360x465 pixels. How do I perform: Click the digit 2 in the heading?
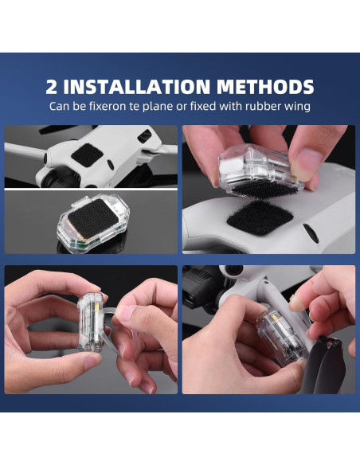51,87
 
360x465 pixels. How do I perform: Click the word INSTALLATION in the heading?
137,87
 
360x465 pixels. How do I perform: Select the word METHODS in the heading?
265,87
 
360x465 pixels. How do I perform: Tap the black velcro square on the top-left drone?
87,154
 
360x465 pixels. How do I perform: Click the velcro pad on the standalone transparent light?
93,218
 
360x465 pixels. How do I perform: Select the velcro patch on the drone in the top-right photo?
260,217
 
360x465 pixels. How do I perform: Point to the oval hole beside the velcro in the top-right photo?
311,233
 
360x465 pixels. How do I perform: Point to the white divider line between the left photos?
91,189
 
